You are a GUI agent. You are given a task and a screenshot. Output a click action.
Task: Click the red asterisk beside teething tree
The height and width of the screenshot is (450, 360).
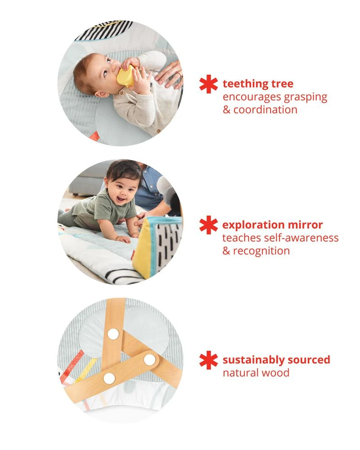208,84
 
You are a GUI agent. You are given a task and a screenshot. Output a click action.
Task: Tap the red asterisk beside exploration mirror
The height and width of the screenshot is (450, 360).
208,225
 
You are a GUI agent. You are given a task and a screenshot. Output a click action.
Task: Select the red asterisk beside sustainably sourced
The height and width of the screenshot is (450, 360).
208,360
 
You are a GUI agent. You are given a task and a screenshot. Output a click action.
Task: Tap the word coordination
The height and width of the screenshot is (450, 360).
265,109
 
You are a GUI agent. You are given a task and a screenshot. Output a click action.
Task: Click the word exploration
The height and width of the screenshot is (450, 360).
253,225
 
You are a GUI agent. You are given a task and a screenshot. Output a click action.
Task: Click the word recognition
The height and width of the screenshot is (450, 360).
261,250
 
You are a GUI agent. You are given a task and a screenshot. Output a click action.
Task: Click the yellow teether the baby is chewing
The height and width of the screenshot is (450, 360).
126,76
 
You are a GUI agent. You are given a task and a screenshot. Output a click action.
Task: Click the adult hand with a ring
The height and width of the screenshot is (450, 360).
170,74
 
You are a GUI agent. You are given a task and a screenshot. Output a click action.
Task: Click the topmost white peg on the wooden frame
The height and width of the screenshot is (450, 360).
113,333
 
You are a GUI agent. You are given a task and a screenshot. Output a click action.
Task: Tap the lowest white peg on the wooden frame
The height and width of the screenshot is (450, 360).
109,378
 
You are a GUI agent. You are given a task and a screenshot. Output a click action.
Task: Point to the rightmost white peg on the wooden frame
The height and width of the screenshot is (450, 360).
149,360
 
